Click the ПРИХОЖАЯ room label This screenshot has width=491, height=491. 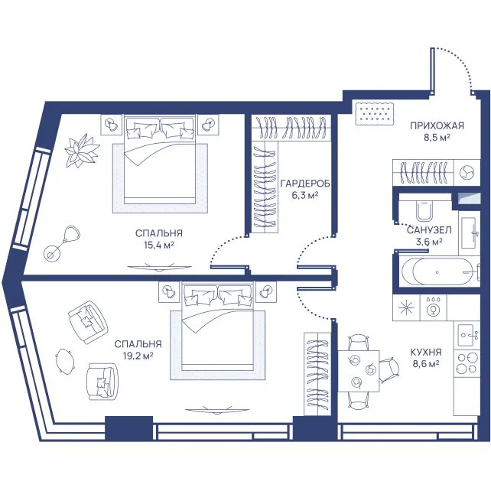pos(437,125)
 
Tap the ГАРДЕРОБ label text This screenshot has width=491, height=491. pos(305,184)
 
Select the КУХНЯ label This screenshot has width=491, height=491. pos(426,352)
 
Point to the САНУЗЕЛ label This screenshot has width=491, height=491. pos(429,230)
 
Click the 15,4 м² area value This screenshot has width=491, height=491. pos(159,245)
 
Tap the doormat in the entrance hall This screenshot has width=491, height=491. pos(375,113)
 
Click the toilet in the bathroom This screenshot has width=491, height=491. pos(425,210)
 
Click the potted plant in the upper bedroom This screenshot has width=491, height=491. pos(82,151)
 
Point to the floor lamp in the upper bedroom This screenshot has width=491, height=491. pos(62,242)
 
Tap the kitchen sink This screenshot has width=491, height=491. pos(468,336)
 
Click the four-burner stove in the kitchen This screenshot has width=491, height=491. pos(467,363)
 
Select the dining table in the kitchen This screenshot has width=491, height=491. pos(358,371)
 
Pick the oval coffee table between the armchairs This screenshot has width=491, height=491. pos(66,361)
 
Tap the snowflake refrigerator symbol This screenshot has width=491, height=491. pos(406,307)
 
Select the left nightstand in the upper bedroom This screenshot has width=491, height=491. pos(111,125)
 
